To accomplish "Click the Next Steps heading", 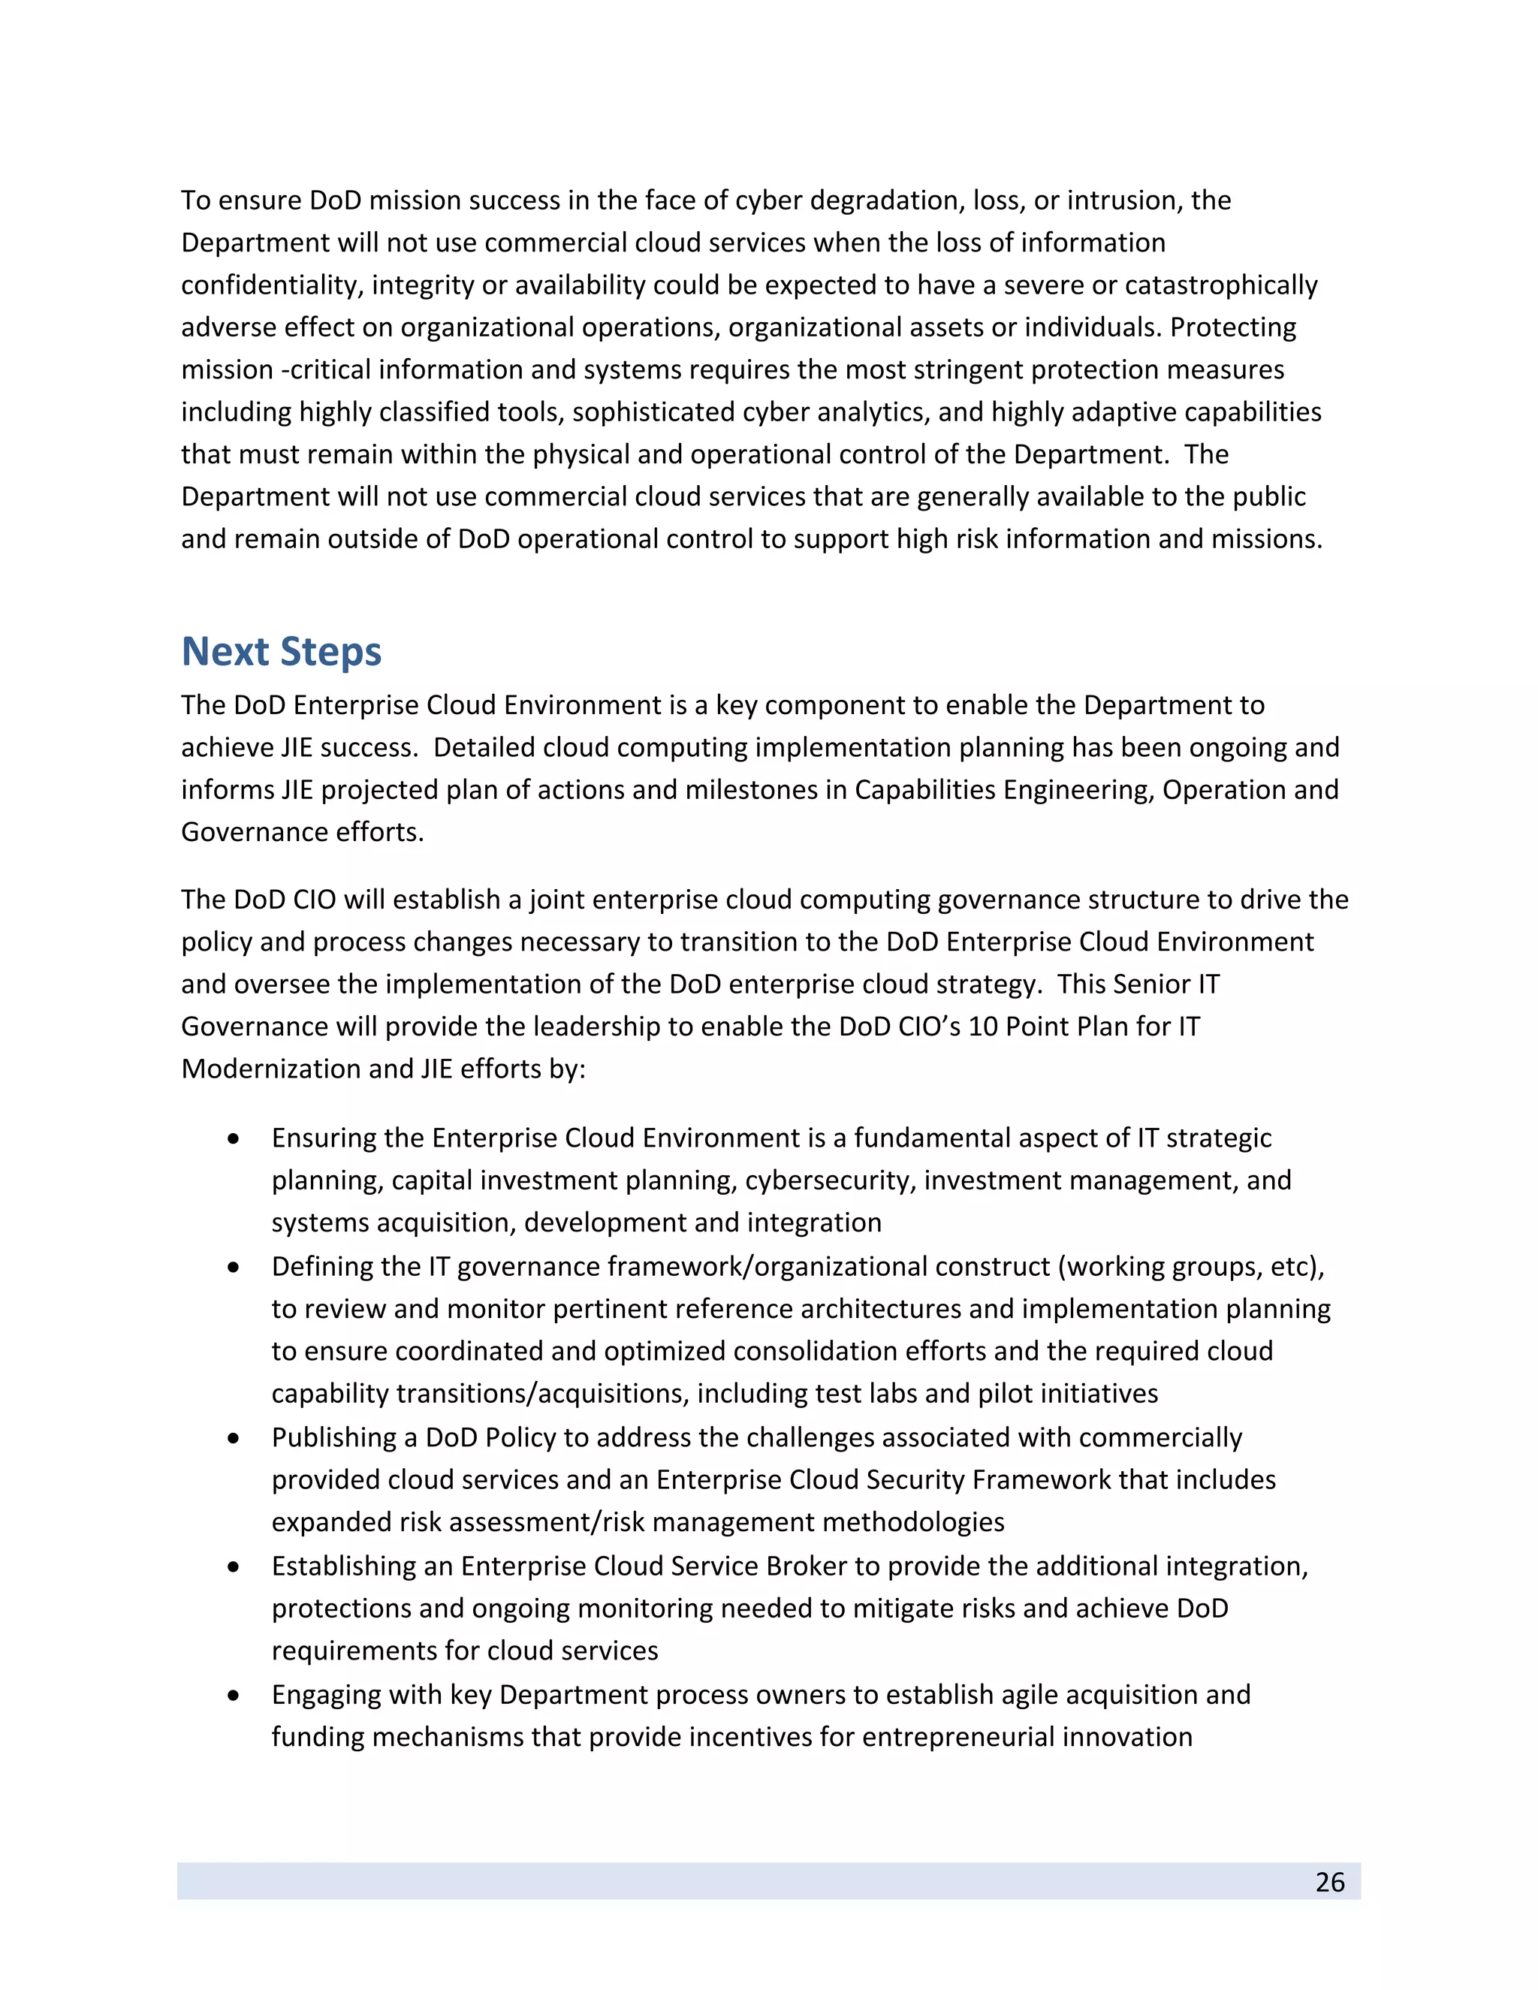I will [281, 653].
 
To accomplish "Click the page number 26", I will [1329, 1882].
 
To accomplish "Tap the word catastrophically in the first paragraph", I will [1221, 285].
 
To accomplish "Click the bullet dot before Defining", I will [234, 1268].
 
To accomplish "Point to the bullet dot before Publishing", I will [234, 1438].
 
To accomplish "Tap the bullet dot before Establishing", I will [234, 1566].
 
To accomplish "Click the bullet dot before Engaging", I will [234, 1695].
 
